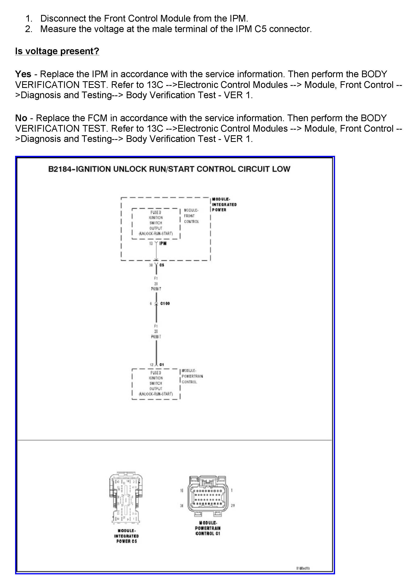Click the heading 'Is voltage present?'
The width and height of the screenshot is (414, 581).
point(57,51)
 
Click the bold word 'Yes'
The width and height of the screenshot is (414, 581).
point(23,74)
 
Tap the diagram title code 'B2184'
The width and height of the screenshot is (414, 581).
point(60,169)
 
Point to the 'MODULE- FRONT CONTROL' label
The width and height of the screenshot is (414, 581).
point(191,216)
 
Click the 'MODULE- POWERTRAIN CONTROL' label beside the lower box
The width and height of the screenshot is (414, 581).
point(192,376)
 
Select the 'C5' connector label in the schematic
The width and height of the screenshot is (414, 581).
point(162,265)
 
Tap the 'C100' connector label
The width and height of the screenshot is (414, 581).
point(165,304)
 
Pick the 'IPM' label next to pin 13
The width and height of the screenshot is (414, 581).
point(163,243)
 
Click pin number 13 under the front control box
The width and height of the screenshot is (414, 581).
point(151,243)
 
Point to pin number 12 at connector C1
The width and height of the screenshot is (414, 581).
point(151,364)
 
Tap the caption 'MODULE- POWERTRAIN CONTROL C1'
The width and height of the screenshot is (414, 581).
point(208,528)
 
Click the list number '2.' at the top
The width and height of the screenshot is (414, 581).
point(29,29)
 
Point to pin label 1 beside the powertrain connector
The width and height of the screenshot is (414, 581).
point(232,490)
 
